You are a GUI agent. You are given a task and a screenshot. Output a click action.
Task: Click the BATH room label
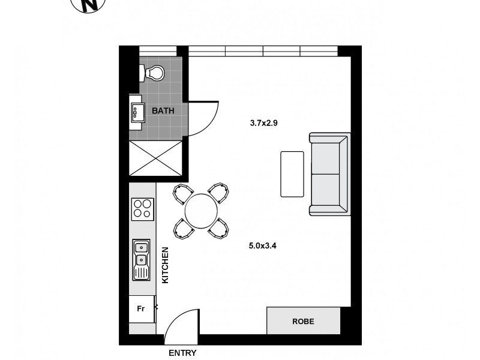(x=163, y=111)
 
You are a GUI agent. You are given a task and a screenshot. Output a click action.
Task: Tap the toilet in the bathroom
(x=152, y=73)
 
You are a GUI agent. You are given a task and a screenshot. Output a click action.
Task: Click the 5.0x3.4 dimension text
(x=262, y=245)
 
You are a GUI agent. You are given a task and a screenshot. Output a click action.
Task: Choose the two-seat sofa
(x=328, y=175)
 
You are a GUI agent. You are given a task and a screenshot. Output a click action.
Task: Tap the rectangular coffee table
(x=292, y=174)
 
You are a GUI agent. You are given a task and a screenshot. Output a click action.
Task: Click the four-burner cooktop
(x=142, y=209)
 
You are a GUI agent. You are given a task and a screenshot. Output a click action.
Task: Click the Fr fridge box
(x=141, y=310)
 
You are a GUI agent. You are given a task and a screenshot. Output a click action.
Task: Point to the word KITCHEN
(x=166, y=265)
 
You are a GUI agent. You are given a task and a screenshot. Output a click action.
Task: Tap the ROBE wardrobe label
(x=303, y=321)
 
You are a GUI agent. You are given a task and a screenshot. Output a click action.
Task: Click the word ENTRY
(x=182, y=353)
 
